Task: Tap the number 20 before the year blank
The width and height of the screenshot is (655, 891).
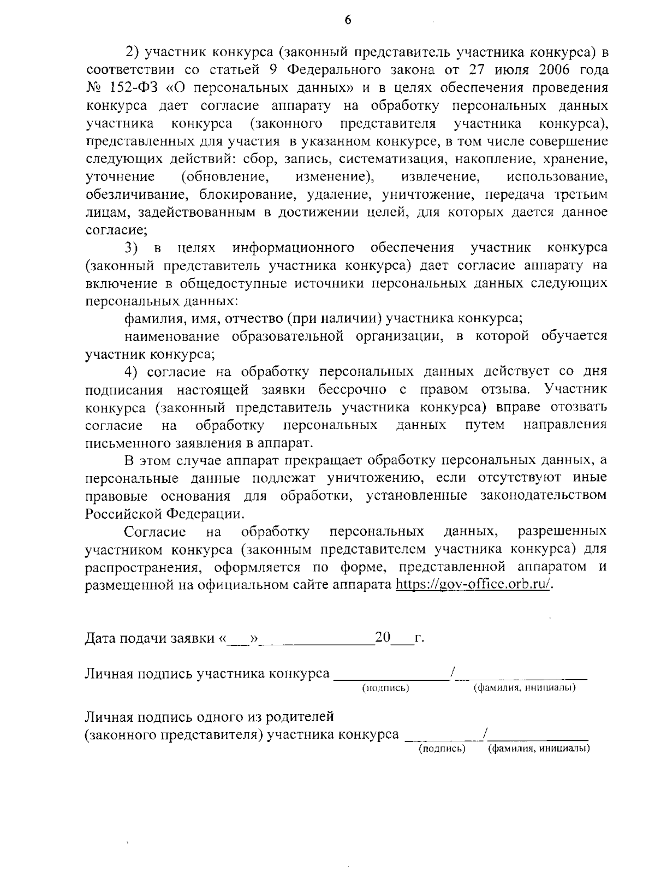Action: pos(383,637)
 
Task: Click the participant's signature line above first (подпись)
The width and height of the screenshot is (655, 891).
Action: pos(390,677)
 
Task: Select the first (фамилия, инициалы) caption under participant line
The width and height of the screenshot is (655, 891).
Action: pos(524,688)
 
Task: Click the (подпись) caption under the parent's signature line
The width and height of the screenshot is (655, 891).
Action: pos(441,749)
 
